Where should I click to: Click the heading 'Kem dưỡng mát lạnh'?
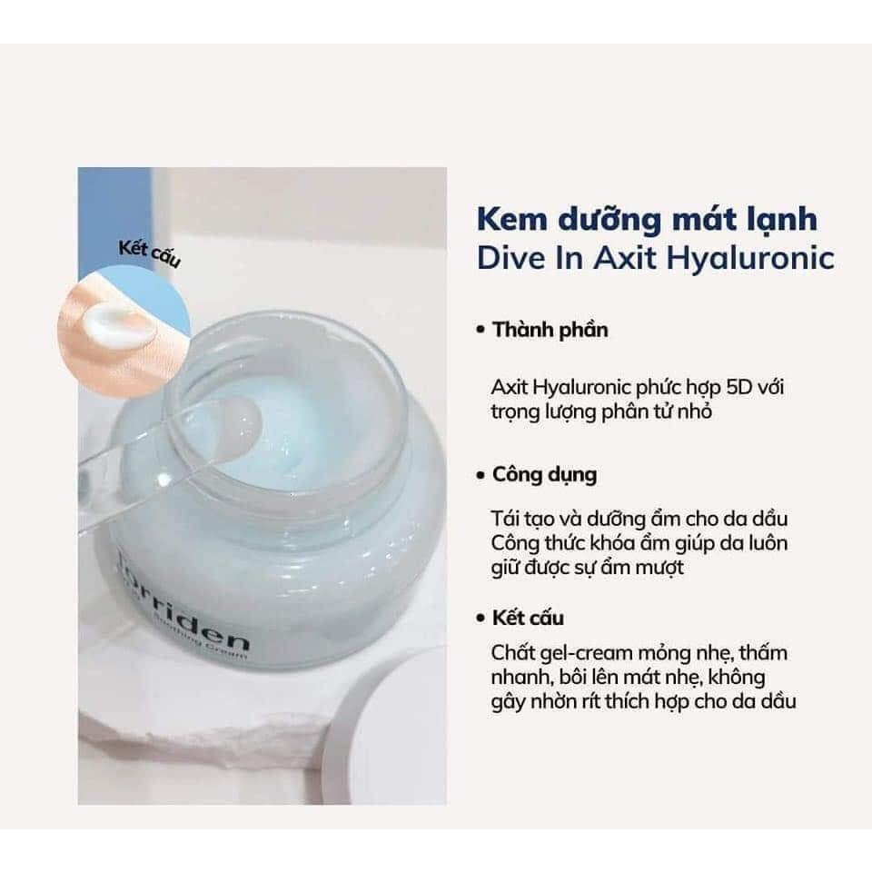(x=647, y=220)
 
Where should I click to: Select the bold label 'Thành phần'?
(x=550, y=330)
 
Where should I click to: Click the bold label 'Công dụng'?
(x=544, y=474)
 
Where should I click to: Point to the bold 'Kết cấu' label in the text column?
(x=528, y=618)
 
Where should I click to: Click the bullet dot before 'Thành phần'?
(x=481, y=331)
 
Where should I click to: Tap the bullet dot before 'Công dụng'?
(x=481, y=475)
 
